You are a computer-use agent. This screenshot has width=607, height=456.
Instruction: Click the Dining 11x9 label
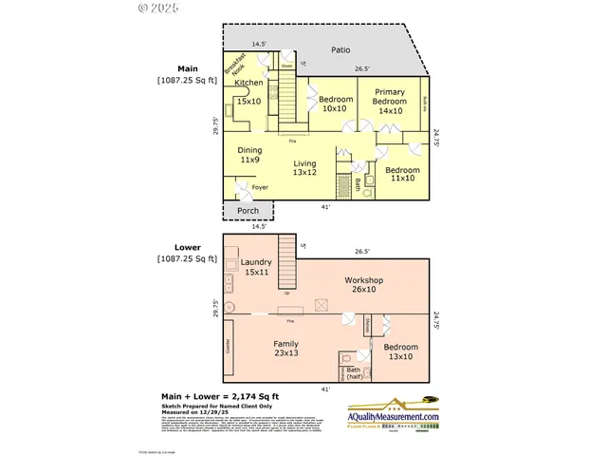coord(250,156)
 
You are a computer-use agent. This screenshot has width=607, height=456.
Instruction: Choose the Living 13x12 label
coord(303,169)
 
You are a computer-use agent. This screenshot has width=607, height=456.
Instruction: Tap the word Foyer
coord(260,187)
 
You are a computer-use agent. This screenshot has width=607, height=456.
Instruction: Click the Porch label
coord(248,211)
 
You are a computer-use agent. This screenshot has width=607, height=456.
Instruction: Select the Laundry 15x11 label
coord(257,267)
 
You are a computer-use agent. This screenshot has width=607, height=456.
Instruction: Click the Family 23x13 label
coord(285,348)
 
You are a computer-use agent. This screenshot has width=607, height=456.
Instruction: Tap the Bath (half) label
coord(353,374)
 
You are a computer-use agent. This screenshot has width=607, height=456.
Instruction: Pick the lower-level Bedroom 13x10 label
coord(398,351)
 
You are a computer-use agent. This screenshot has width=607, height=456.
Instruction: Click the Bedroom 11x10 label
coord(402,174)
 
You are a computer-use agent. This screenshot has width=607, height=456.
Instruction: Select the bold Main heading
coord(187,68)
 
